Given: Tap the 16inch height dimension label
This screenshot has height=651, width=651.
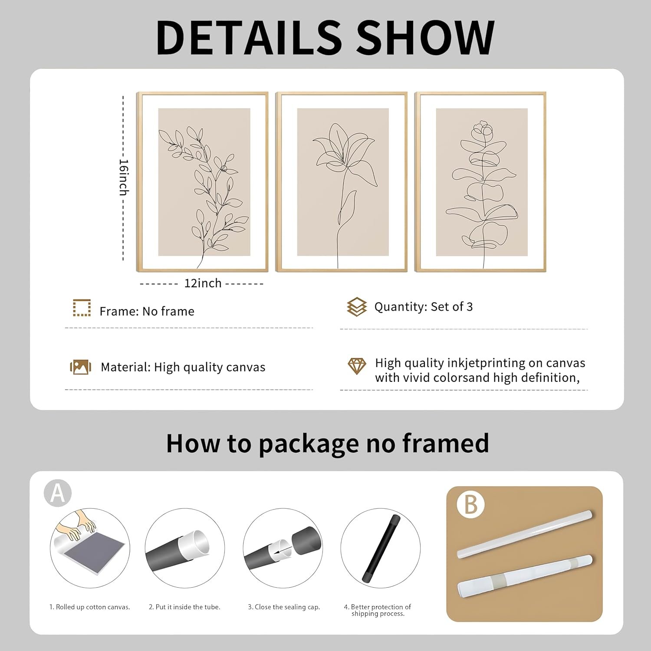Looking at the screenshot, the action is pos(124,177).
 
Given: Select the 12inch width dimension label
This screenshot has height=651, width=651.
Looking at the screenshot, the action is pos(203,283).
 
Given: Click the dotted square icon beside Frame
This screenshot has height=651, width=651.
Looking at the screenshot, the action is pos(82,308).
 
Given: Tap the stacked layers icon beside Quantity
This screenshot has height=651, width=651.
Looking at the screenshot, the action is pos(357,307).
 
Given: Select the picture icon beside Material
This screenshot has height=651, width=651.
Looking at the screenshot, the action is pos(81,367).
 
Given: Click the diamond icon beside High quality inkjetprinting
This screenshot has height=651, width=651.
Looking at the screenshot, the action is pos(357,366).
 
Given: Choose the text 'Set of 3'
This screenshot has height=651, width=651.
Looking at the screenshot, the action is pos(452,307).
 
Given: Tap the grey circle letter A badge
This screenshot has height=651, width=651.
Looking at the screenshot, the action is pos(58,493).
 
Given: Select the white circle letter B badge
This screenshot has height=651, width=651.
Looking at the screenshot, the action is pos(470,504).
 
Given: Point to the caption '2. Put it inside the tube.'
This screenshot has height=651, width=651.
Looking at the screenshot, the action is pos(184,607).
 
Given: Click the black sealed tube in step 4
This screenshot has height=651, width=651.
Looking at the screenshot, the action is pos(381,548).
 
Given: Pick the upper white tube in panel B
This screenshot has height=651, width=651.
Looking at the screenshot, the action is pos(525,534).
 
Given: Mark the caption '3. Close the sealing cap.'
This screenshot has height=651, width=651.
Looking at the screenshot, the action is pos(284,607).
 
